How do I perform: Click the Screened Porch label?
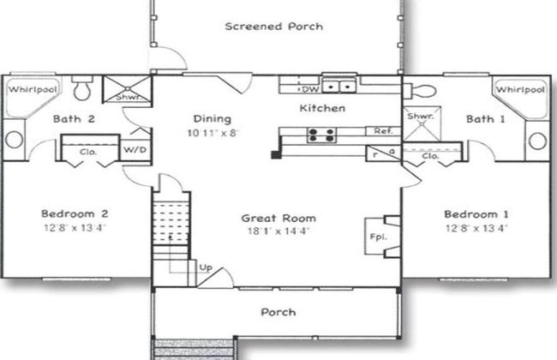274,27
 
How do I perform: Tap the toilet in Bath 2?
82,87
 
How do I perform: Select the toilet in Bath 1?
420,92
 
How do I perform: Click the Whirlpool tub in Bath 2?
33,95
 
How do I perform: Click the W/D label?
135,150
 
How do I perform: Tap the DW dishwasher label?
310,89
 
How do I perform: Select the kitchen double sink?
339,87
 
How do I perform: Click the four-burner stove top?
321,135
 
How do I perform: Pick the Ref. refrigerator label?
383,131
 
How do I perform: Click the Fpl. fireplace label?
378,237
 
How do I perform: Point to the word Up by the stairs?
206,267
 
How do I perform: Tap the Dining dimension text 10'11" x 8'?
213,133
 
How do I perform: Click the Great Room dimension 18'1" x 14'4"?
278,231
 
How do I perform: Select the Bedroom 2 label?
75,213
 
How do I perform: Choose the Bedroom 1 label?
476,214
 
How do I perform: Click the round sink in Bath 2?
15,140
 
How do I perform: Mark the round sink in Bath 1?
537,141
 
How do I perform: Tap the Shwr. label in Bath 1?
420,116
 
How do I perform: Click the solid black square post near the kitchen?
275,154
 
